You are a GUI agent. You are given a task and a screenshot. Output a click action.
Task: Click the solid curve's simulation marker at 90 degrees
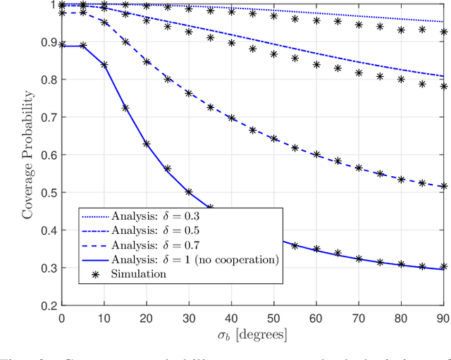(443, 267)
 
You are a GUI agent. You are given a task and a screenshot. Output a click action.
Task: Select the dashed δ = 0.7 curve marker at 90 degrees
(443, 186)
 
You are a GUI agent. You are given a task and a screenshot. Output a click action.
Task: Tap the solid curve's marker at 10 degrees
(104, 65)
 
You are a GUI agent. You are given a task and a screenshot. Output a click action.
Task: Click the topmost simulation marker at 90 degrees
(443, 32)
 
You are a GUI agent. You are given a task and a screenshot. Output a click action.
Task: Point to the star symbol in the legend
(96, 274)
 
